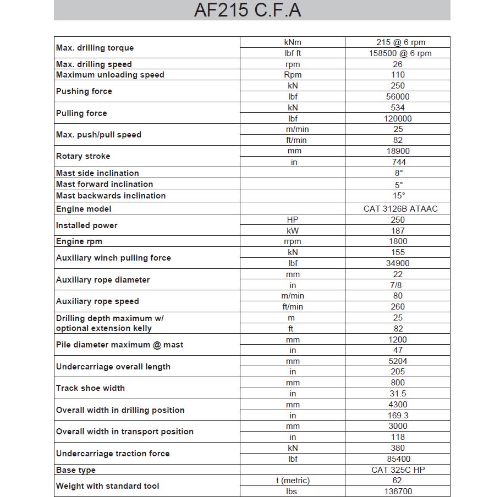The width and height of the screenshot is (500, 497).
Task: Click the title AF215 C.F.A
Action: click(x=248, y=10)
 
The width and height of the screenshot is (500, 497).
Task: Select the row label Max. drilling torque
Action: click(x=95, y=48)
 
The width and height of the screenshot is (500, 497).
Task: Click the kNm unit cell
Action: click(x=293, y=42)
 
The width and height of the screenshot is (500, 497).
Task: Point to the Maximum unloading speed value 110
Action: click(x=398, y=75)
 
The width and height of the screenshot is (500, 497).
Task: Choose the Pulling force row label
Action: click(x=81, y=113)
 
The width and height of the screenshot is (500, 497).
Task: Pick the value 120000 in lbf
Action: click(x=398, y=119)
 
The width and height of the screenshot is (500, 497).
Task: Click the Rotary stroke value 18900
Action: click(x=398, y=151)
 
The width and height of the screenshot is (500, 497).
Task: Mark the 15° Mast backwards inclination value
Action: click(x=399, y=196)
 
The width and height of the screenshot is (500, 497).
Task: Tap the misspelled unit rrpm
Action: click(x=293, y=241)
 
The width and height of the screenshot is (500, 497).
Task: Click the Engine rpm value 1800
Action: click(x=398, y=241)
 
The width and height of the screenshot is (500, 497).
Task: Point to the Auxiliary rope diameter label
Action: click(x=103, y=280)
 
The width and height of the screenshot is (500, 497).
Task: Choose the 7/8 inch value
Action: click(x=398, y=285)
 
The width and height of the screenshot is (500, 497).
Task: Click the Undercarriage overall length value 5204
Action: click(x=398, y=361)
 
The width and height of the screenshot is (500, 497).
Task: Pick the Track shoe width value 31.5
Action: click(x=398, y=394)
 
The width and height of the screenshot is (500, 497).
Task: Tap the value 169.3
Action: click(x=398, y=416)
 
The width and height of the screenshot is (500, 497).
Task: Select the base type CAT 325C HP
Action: click(x=398, y=470)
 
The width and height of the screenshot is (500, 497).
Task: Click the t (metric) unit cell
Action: click(x=293, y=481)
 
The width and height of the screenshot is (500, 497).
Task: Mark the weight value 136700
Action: click(x=398, y=492)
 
